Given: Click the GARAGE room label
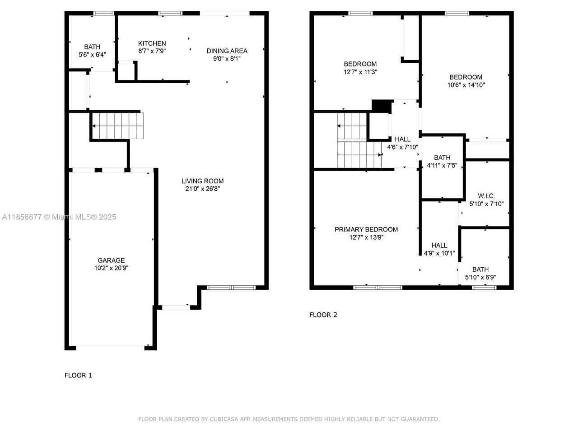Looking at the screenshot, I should [111, 260].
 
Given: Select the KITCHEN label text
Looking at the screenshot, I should [152, 43].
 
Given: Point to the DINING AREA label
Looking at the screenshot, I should [227, 51].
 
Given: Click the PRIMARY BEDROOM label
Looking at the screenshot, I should [366, 230].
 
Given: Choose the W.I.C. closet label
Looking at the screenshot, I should [486, 196].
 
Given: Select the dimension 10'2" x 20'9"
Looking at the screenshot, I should [111, 268].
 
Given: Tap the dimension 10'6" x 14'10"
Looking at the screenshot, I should [466, 85].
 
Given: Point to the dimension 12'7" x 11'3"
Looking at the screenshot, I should [360, 71].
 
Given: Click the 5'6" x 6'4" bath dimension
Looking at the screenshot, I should [92, 54].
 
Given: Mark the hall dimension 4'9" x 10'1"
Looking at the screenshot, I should [439, 253].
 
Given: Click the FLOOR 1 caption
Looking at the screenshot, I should [78, 375].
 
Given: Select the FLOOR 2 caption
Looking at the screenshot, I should [323, 315].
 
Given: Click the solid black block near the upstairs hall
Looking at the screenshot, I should [381, 105].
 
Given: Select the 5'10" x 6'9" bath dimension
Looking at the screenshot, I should [480, 277].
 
